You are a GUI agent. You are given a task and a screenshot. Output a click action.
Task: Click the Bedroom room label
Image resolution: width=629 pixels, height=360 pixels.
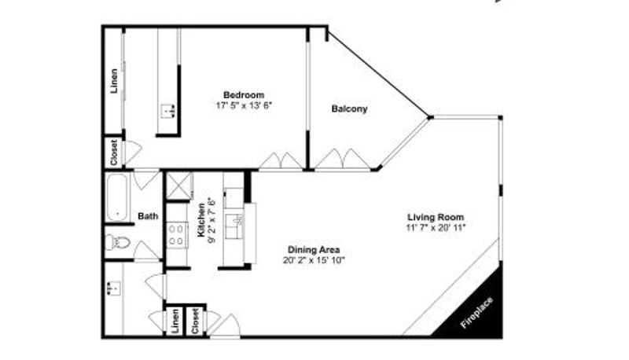[x=244, y=95]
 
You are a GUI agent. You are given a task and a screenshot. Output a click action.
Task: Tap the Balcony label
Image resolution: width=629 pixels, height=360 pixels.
[x=349, y=108]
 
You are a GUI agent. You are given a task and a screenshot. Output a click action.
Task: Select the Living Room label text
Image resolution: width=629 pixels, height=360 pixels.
[x=436, y=217]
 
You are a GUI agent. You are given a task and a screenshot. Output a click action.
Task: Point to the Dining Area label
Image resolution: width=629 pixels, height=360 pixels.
[x=314, y=250]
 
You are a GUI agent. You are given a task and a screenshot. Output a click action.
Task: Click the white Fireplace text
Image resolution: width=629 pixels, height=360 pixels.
[x=476, y=313]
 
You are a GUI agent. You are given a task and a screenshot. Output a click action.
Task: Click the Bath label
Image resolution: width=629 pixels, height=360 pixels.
[x=148, y=216]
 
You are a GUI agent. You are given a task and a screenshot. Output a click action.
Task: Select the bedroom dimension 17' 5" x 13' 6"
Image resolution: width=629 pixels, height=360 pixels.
[x=244, y=105]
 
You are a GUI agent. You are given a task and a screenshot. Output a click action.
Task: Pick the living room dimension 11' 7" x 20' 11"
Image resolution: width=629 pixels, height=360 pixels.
[x=436, y=228]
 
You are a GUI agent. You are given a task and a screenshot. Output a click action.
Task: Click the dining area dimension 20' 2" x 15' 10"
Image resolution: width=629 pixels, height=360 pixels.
[x=314, y=260]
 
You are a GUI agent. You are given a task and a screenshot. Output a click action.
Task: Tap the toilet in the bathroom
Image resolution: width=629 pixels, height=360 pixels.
[x=117, y=242]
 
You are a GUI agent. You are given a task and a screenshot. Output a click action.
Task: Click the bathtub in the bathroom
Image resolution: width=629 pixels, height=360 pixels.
[x=117, y=197]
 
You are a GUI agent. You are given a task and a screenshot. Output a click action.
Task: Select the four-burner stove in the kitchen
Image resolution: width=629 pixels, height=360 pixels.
[x=178, y=235]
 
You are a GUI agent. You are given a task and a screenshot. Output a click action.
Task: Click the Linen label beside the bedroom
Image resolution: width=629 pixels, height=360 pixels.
[x=114, y=82]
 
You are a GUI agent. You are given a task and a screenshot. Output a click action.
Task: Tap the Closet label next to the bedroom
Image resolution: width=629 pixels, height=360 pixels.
[x=114, y=152]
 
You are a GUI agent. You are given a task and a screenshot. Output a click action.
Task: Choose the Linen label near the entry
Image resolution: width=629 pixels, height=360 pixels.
[x=175, y=321]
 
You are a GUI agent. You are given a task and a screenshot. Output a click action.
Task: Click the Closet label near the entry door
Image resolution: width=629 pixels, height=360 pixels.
[x=195, y=321]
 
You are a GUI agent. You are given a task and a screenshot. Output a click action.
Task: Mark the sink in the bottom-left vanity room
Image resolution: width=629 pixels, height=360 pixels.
[x=114, y=288]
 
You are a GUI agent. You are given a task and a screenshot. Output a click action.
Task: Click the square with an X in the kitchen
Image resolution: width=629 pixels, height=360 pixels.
[x=179, y=186]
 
